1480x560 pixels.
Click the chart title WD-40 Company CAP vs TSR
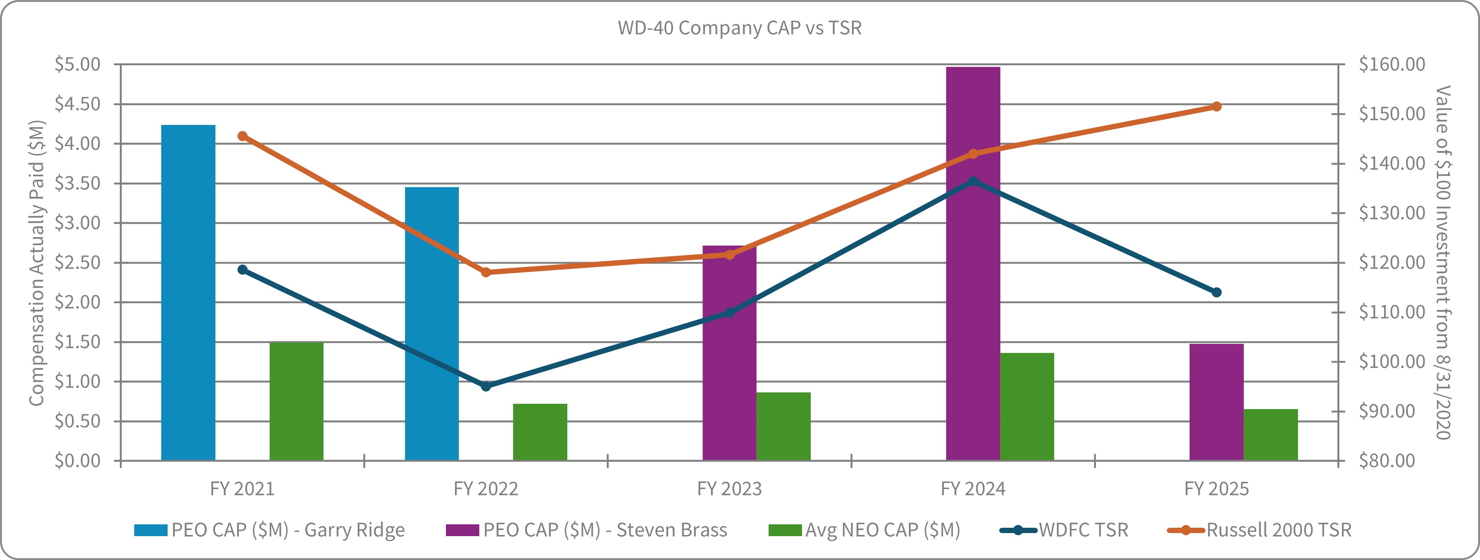point(739,28)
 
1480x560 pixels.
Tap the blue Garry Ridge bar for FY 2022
point(432,323)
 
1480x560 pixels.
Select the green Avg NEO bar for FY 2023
point(783,426)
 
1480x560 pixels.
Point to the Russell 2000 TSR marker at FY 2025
point(1216,106)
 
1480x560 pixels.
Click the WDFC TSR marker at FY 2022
point(486,386)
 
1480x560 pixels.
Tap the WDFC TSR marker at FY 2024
point(973,181)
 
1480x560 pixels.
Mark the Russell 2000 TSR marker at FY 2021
point(242,136)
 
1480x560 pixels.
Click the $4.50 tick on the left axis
point(78,104)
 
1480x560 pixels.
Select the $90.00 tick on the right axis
point(1387,411)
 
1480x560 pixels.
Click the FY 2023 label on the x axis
point(729,489)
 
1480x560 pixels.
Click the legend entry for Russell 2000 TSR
point(1259,530)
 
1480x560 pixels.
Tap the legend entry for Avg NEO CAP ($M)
point(865,530)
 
